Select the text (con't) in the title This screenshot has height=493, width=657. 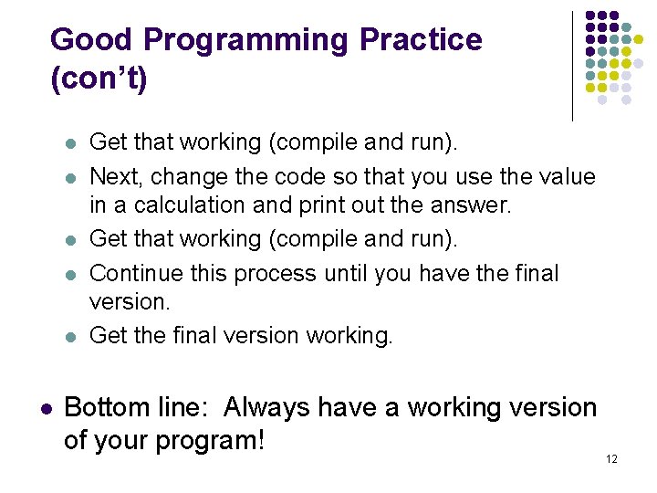(99, 79)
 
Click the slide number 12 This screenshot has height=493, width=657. (611, 458)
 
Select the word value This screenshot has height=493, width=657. (565, 177)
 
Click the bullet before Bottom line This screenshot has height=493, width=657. (44, 409)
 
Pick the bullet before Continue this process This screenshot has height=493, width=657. (69, 274)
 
